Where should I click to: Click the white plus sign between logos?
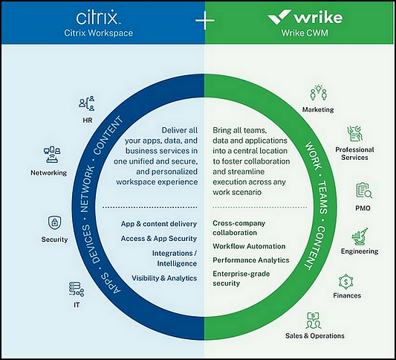[205, 20]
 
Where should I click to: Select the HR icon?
[87, 103]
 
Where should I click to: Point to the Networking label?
[49, 173]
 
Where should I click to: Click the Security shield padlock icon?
[55, 222]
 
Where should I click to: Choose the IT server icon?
[77, 289]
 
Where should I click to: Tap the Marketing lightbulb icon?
[319, 93]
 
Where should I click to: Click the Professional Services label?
[354, 153]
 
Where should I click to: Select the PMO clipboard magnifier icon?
[364, 190]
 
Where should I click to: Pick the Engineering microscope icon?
[360, 237]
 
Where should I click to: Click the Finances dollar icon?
[346, 282]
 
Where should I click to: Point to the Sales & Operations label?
[315, 335]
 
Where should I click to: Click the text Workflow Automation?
[249, 246]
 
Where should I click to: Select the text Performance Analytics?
[251, 260]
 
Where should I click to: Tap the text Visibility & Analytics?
[164, 278]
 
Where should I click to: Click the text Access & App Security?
[158, 239]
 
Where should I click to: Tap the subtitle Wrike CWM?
[305, 33]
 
